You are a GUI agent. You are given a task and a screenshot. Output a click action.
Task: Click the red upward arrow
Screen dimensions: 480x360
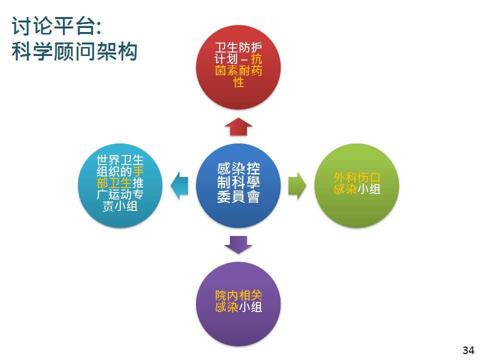tap(238, 126)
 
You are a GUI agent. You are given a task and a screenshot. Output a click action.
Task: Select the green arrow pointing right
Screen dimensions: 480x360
tap(297, 186)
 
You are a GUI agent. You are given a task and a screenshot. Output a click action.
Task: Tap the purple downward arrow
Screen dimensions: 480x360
tap(238, 245)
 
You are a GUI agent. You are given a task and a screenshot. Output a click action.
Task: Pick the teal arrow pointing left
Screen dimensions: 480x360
tap(179, 186)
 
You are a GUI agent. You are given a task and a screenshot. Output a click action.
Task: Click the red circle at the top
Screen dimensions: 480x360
tap(238, 67)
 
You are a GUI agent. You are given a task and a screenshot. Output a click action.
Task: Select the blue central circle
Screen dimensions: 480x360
tap(238, 186)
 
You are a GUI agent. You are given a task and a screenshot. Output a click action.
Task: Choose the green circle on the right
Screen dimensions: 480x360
tap(357, 186)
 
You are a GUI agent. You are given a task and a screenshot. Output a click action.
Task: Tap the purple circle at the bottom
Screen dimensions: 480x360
tap(238, 304)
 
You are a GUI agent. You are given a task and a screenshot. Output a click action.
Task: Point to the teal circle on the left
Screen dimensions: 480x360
tap(120, 186)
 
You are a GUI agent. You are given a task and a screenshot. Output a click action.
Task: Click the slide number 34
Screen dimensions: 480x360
tap(468, 350)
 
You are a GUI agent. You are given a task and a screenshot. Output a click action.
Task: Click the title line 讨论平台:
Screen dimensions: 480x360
tap(56, 26)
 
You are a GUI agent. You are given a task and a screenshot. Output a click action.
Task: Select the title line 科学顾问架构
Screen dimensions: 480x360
tap(74, 51)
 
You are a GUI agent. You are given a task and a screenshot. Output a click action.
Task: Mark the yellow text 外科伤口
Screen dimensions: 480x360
tap(357, 177)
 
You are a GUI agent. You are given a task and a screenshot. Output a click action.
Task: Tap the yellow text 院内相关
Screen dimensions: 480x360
tap(238, 295)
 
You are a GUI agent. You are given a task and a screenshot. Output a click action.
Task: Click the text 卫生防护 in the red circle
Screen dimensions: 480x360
tap(238, 47)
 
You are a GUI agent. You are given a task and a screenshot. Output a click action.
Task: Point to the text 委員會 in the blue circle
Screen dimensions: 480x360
tap(238, 197)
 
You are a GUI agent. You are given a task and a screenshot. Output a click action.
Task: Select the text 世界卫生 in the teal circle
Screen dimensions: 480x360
tap(120, 160)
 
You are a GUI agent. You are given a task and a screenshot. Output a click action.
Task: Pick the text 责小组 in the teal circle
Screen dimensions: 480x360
tap(120, 206)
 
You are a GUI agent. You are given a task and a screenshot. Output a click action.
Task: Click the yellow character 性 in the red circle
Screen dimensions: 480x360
tap(238, 82)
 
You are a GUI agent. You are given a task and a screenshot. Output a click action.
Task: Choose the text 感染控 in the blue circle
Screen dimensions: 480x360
tap(238, 168)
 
